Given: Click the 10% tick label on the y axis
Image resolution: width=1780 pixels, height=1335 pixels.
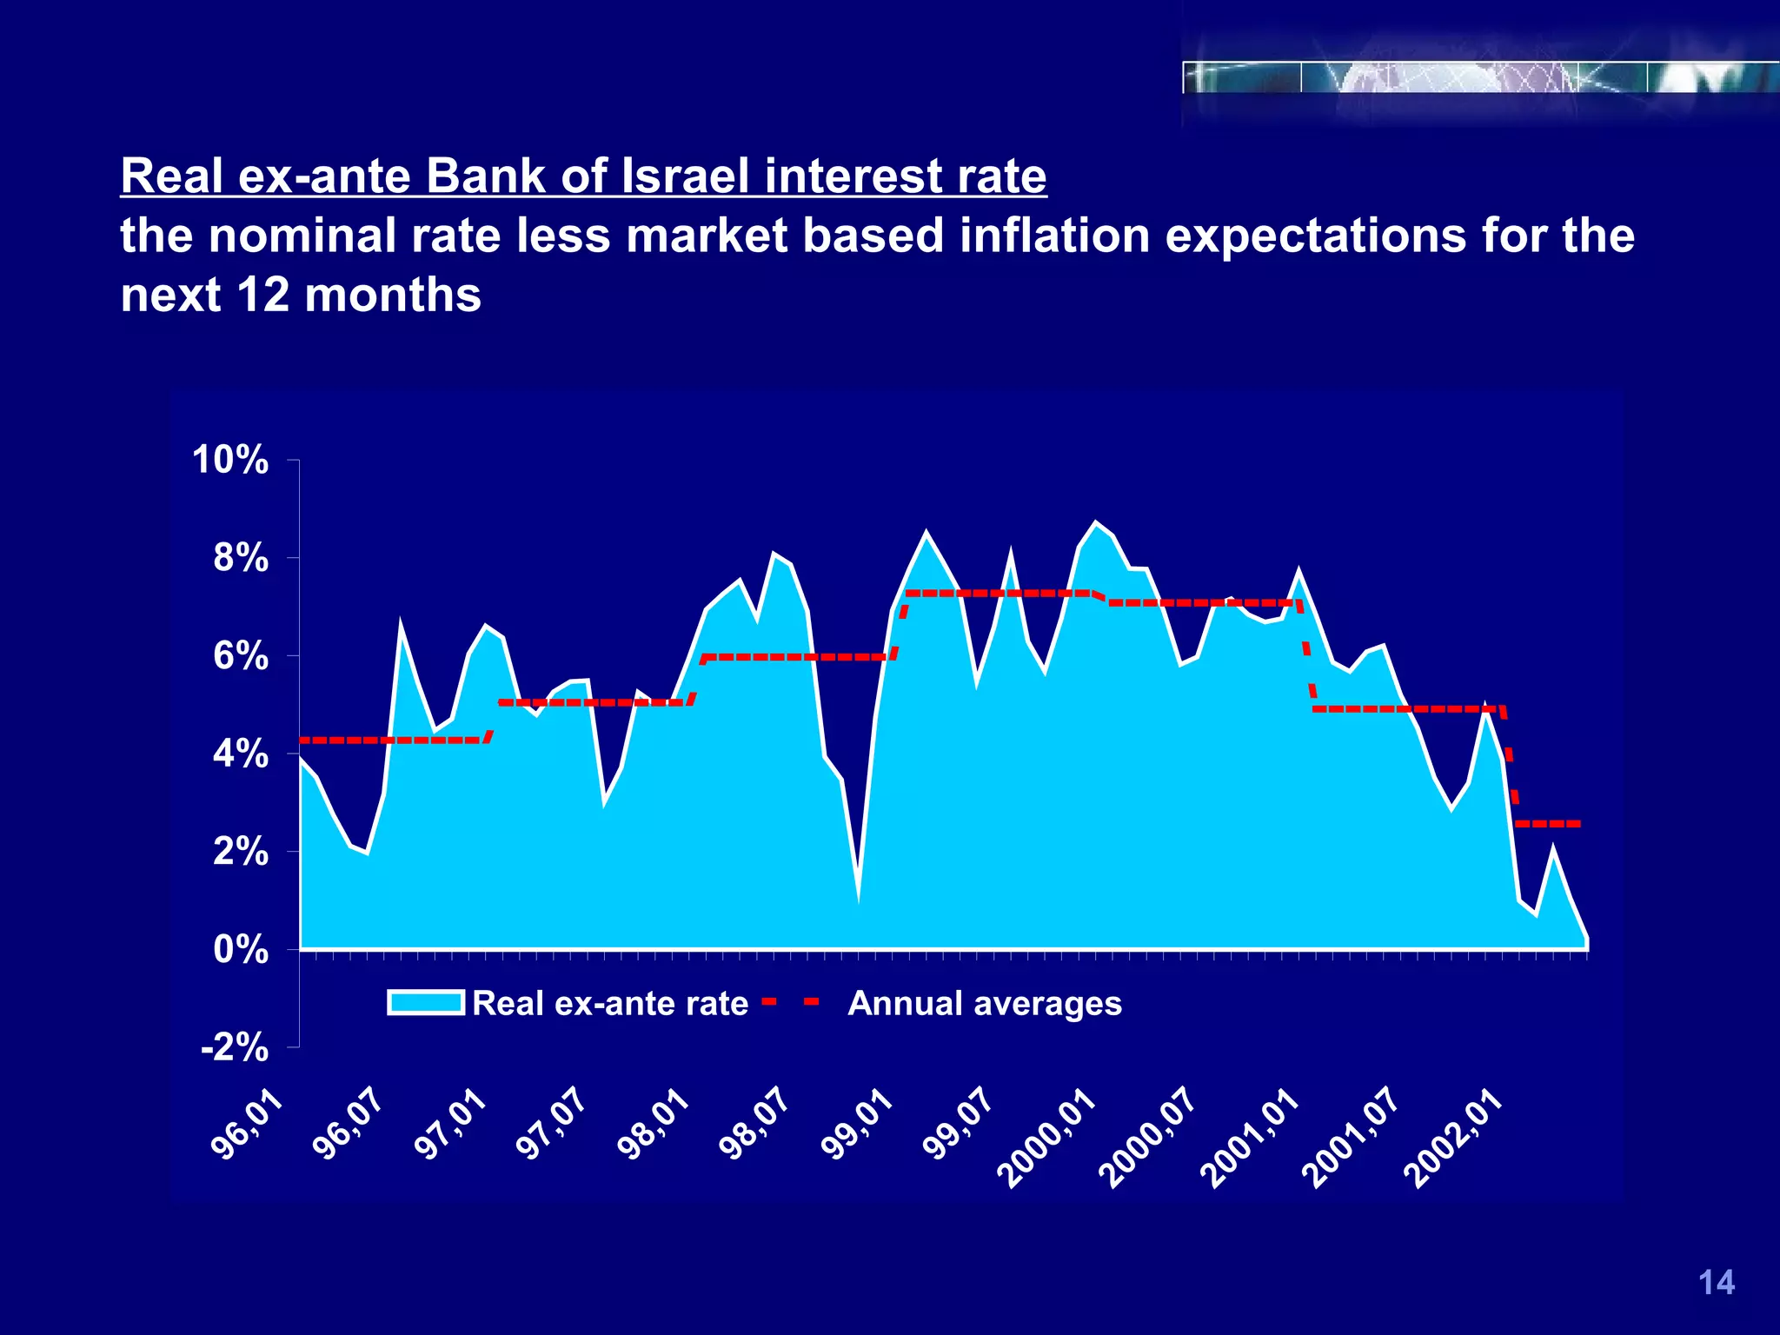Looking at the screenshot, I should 230,460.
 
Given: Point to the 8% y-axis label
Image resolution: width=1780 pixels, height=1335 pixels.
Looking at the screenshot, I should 240,558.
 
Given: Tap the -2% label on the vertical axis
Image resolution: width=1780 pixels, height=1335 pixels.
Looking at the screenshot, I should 234,1048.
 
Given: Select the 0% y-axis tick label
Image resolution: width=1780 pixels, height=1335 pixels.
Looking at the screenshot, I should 240,950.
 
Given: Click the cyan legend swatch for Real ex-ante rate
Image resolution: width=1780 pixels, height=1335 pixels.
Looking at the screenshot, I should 426,1003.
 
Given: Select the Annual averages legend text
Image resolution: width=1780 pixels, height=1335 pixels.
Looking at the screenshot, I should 985,1004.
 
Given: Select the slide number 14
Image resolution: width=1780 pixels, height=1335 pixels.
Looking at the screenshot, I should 1716,1283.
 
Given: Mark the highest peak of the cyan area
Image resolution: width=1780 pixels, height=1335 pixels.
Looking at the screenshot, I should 1095,522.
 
